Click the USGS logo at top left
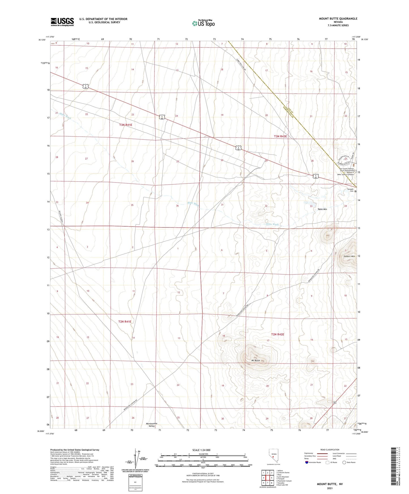pos(62,22)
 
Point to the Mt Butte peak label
pos(256,360)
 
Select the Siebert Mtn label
pos(349,256)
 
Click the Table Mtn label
pos(322,209)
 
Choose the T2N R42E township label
pos(277,334)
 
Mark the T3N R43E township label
pos(280,136)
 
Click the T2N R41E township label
pos(125,322)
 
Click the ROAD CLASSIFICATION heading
pos(330,450)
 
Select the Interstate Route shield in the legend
pos(307,462)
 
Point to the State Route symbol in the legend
pos(344,462)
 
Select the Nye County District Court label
pos(346,170)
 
